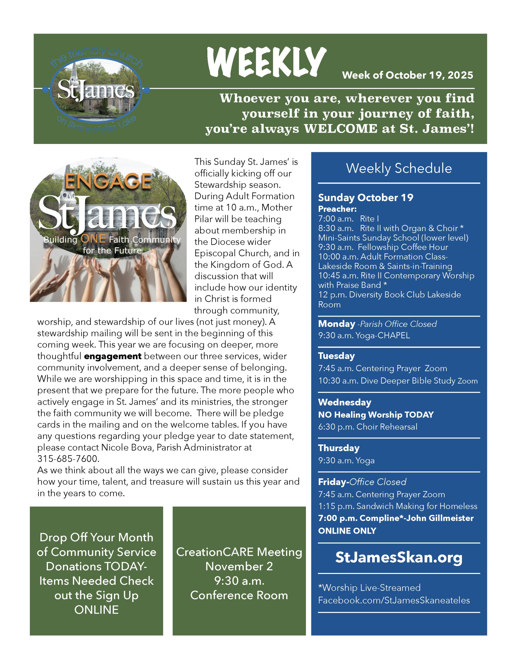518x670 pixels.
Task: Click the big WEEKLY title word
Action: (267, 62)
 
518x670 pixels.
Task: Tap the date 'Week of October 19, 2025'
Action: (407, 75)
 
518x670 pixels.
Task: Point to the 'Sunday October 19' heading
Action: (365, 198)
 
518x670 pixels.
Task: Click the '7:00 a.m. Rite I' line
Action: (348, 219)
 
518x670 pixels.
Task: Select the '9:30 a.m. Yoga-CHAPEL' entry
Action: (364, 336)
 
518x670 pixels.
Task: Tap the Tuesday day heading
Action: (336, 356)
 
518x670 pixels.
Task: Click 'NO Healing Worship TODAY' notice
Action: (376, 415)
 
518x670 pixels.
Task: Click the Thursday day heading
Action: (339, 448)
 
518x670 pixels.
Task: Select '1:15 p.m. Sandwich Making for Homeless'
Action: (398, 506)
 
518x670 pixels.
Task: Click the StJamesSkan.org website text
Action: (399, 557)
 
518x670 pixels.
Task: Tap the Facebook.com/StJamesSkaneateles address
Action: (394, 600)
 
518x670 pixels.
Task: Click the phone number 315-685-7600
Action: (68, 459)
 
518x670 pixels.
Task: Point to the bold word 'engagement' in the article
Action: (112, 356)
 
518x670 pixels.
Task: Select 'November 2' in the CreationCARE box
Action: (239, 566)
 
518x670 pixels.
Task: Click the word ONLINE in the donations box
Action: (96, 610)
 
